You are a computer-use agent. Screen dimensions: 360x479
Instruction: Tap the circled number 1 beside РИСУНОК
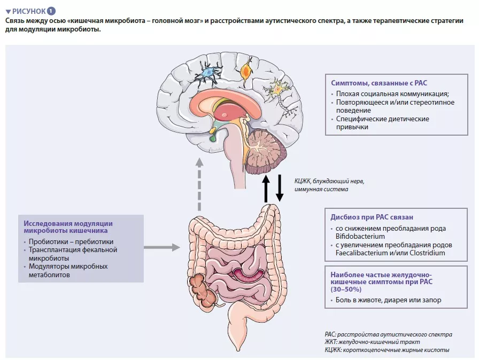51,11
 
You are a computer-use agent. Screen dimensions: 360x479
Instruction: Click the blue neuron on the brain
206,73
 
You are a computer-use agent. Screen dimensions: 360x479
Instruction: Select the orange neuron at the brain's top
246,70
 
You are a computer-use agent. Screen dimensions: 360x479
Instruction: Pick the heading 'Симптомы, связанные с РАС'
374,82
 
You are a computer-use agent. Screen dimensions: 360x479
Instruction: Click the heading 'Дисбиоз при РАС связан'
372,217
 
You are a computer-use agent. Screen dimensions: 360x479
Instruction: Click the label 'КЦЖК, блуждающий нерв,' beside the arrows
329,181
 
